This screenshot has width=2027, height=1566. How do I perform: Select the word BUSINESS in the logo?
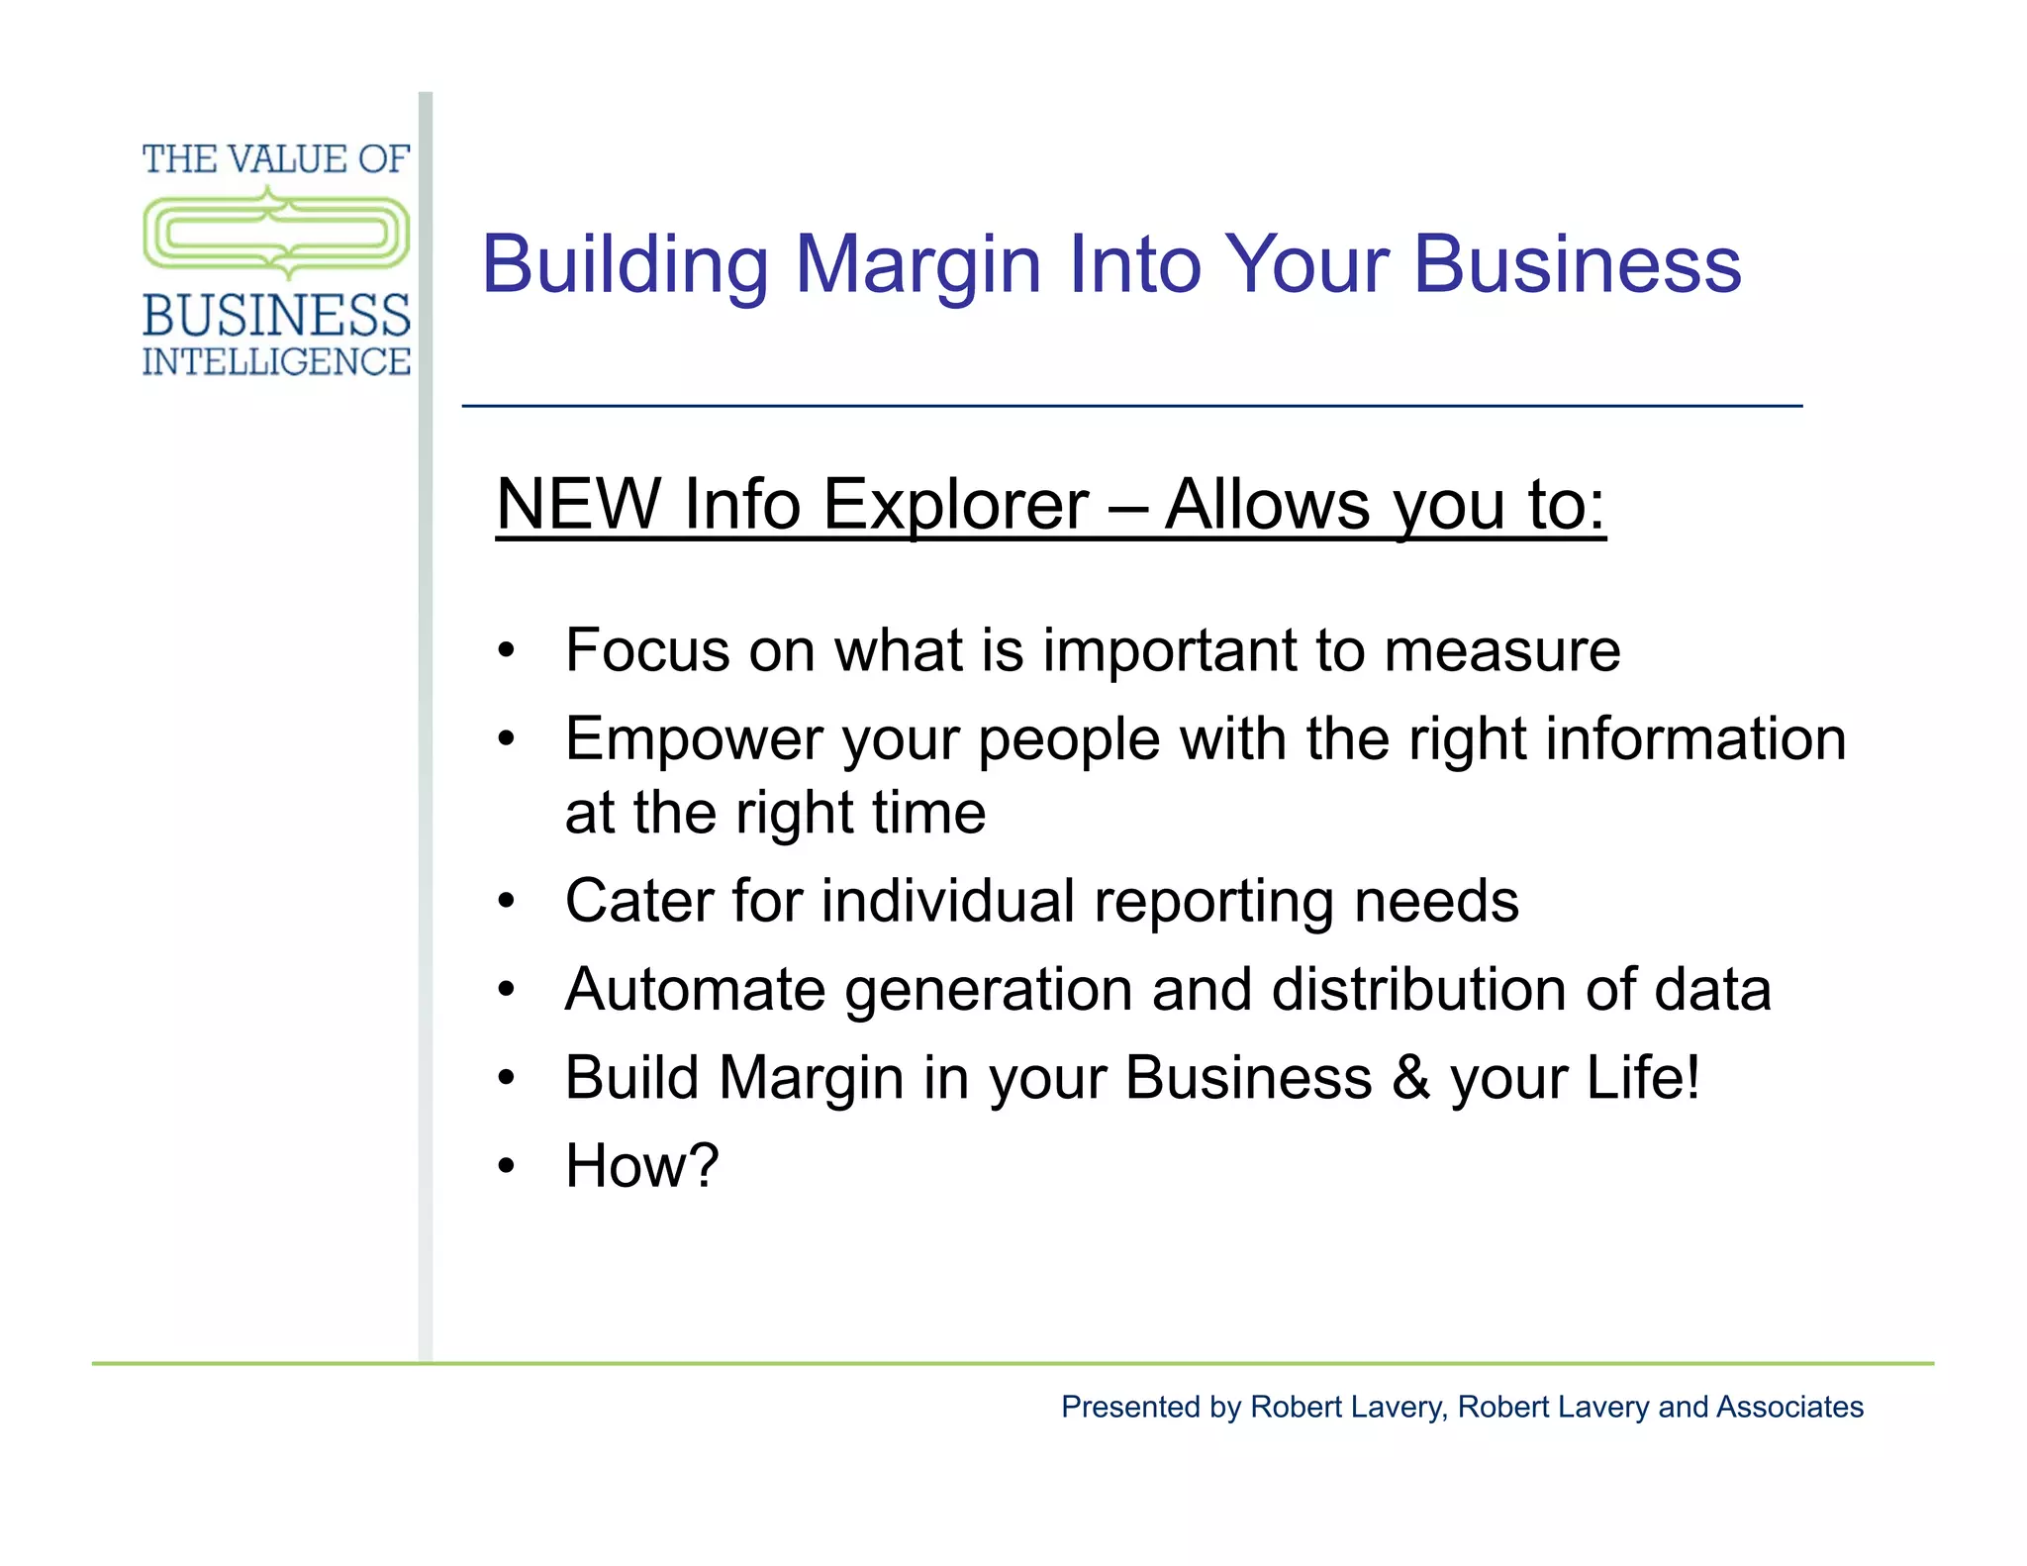(x=276, y=316)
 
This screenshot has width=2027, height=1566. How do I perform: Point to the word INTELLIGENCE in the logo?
(x=276, y=362)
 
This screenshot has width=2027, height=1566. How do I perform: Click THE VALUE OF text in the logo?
(x=276, y=159)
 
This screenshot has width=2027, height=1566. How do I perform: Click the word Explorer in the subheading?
(x=955, y=505)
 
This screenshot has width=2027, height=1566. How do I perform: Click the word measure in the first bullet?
(x=1501, y=650)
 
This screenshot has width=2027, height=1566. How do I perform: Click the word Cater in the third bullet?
(x=639, y=902)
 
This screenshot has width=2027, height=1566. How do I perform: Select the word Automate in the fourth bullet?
(x=694, y=990)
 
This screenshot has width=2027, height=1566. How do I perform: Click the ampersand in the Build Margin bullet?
(x=1410, y=1078)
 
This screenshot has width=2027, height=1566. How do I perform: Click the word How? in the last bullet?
(x=641, y=1166)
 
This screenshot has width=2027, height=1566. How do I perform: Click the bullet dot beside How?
(x=507, y=1167)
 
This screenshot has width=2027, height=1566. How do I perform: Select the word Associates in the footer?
(x=1789, y=1407)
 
